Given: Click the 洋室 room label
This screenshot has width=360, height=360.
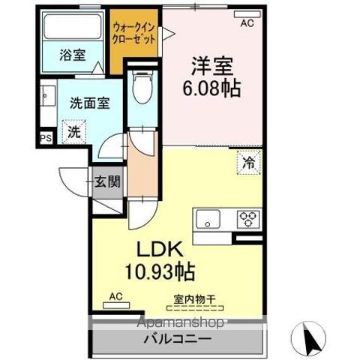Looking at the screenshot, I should click(x=211, y=65).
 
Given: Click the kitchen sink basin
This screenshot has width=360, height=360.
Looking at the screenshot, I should click(x=207, y=220).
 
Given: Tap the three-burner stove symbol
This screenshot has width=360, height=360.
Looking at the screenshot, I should click(x=247, y=219).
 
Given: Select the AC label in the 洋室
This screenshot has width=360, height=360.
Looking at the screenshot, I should click(x=247, y=23).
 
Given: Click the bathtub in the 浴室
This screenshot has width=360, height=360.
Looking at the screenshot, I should click(x=73, y=28).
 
